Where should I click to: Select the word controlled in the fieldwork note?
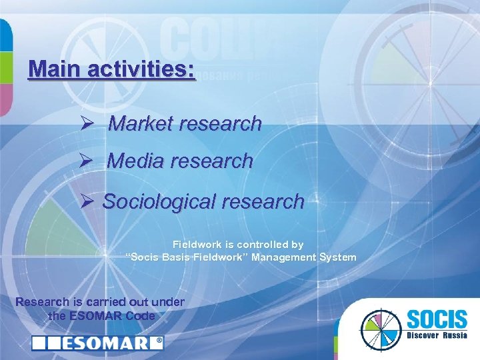pyautogui.click(x=259, y=245)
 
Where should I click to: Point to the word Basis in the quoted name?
pyautogui.click(x=174, y=257)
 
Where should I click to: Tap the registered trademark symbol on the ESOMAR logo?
pyautogui.click(x=159, y=343)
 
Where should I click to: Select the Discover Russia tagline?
pyautogui.click(x=434, y=335)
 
